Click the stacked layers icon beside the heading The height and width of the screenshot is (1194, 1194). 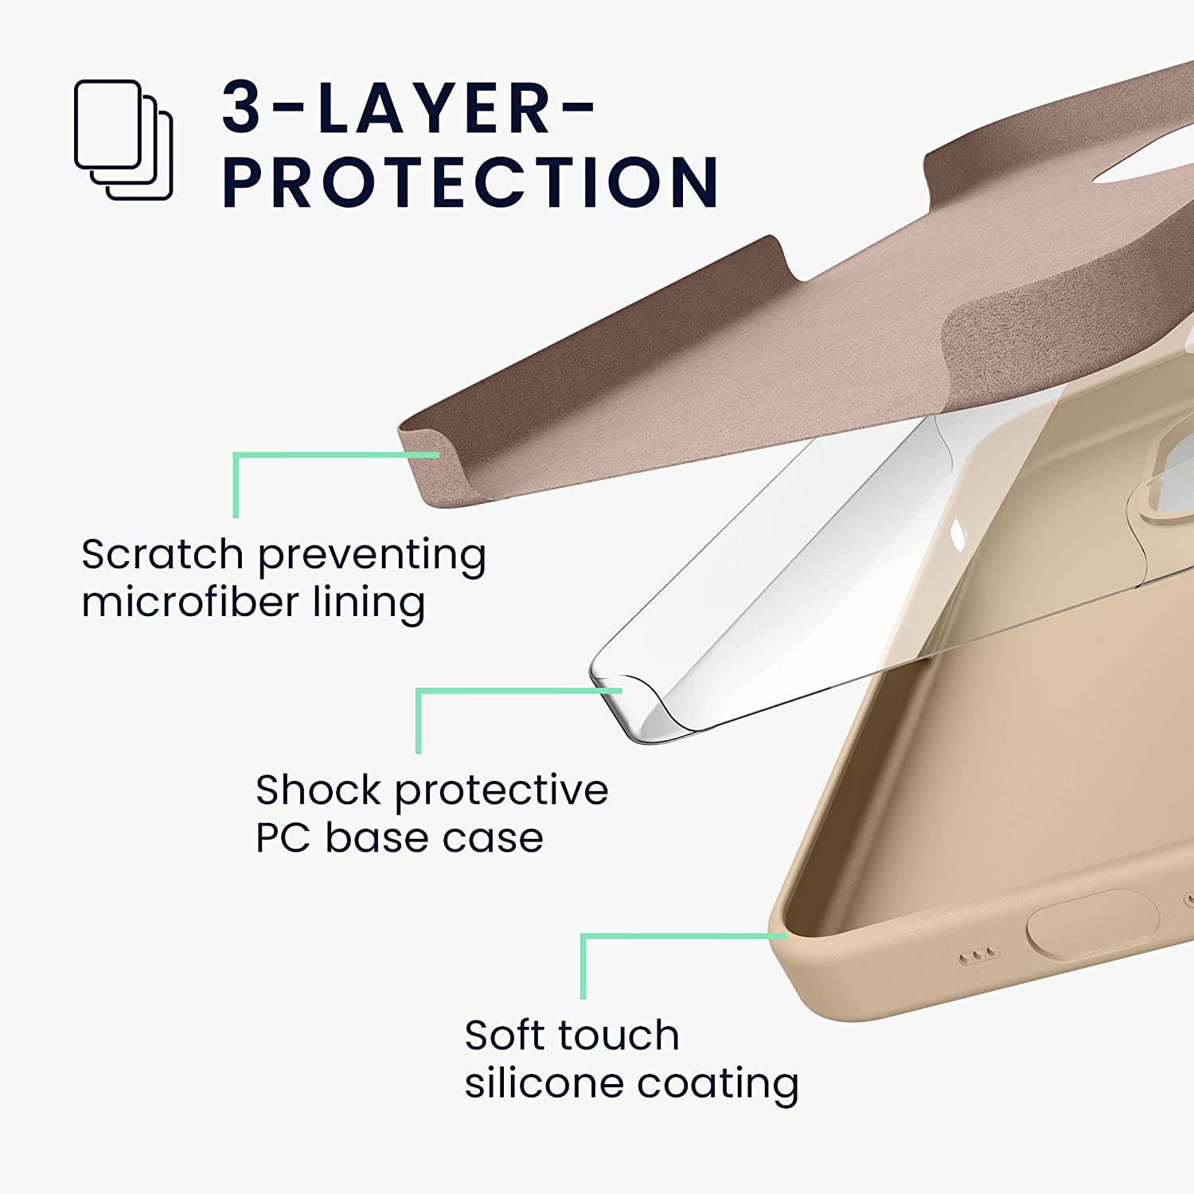click(x=123, y=139)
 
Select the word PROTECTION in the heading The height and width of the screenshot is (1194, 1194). click(x=470, y=182)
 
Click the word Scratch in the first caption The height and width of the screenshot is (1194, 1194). click(x=162, y=554)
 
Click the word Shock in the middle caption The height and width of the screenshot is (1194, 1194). click(x=318, y=790)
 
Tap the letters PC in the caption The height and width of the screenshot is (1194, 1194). click(x=282, y=837)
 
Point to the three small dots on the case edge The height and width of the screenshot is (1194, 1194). click(x=977, y=955)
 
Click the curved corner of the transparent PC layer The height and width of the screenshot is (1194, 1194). click(x=629, y=700)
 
